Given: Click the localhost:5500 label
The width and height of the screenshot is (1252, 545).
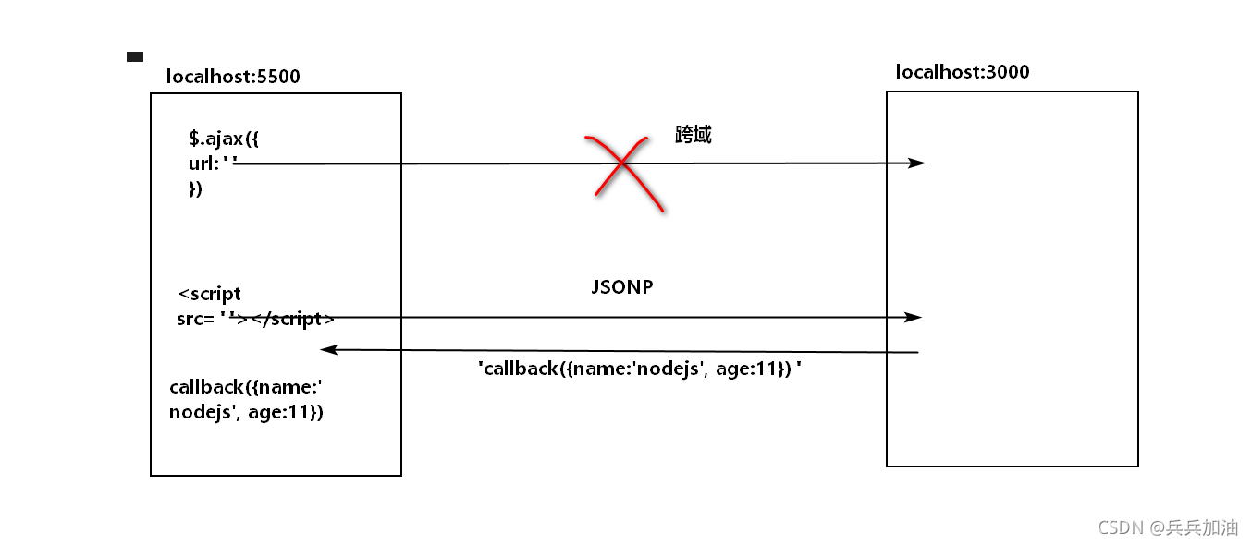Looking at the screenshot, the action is (233, 77).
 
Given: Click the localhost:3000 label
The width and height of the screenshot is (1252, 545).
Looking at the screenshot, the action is (963, 72).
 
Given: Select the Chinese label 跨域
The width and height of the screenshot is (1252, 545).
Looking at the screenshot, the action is (694, 135).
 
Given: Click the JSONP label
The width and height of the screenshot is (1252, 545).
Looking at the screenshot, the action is (622, 287).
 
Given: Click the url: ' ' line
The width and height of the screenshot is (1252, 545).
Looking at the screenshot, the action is (213, 164).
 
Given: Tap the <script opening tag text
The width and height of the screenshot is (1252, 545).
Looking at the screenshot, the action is (210, 295).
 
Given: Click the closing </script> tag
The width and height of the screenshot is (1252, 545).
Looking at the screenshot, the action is (292, 320).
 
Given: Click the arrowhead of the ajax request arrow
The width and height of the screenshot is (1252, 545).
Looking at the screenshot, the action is (916, 163).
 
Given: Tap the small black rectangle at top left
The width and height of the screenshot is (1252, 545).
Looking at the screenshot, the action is (135, 57).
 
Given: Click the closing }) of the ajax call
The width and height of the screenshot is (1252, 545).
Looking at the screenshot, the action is (195, 189).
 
